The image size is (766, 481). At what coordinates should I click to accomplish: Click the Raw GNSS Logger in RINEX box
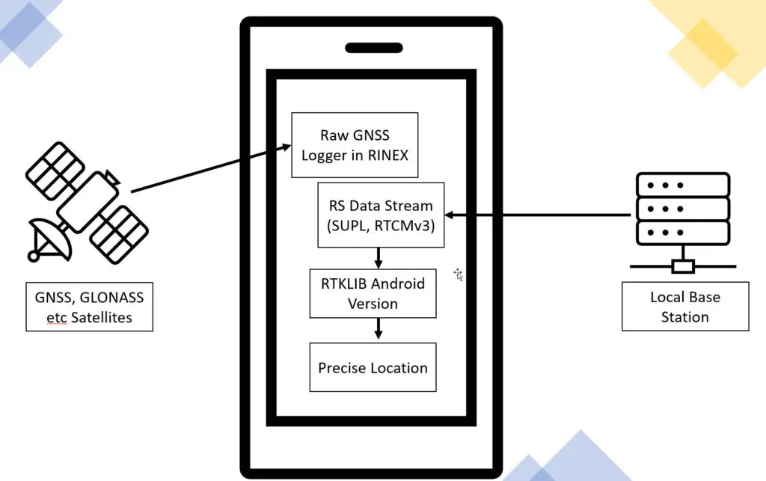pos(355,144)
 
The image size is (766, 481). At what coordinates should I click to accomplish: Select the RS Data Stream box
pos(381,215)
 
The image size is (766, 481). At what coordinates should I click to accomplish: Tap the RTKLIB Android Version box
pos(373,293)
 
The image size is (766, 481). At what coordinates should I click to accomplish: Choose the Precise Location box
pos(373,367)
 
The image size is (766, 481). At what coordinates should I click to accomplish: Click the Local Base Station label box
pos(684,307)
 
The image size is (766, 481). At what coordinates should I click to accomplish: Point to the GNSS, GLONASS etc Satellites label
pos(88,307)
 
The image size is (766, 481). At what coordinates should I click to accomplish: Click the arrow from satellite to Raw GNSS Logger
pos(209,169)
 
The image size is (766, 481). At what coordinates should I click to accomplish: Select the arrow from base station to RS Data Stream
pos(539,215)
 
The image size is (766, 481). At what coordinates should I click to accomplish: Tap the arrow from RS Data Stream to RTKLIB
pos(379,258)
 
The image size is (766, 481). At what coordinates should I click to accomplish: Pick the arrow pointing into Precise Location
pos(379,328)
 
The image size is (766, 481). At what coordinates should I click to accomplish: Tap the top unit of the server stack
pos(681,185)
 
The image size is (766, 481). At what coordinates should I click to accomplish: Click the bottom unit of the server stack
pos(681,233)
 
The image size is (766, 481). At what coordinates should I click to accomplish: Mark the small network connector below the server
pos(683,266)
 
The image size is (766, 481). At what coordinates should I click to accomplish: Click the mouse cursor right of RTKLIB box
pos(459,275)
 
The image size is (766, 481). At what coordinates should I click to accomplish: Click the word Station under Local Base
pos(684,316)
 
